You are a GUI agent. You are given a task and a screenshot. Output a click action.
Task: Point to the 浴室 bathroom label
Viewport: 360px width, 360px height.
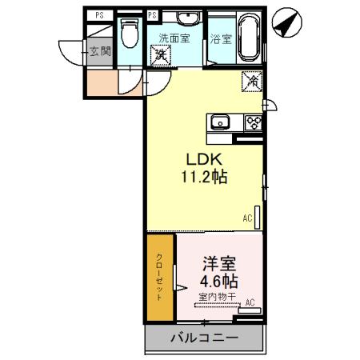pyautogui.click(x=222, y=38)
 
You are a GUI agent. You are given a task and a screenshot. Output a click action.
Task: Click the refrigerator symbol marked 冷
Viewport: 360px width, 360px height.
pyautogui.click(x=251, y=80)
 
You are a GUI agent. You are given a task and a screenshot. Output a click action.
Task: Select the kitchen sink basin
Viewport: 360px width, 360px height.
pyautogui.click(x=220, y=122)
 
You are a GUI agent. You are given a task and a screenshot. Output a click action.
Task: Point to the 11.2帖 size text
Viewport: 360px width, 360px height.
pyautogui.click(x=203, y=178)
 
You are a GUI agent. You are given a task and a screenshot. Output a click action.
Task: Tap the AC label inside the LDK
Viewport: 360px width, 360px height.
pyautogui.click(x=248, y=218)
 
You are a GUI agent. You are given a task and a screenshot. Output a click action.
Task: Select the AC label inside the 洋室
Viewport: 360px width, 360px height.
pyautogui.click(x=250, y=302)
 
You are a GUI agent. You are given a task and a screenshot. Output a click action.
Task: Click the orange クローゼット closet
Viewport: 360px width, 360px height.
pyautogui.click(x=159, y=276)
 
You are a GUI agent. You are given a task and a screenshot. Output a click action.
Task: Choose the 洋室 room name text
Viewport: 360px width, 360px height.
pyautogui.click(x=218, y=262)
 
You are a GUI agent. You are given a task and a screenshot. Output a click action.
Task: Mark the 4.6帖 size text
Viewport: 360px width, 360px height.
pyautogui.click(x=218, y=282)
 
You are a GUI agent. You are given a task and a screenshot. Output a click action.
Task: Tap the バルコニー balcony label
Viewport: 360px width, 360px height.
pyautogui.click(x=204, y=338)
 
